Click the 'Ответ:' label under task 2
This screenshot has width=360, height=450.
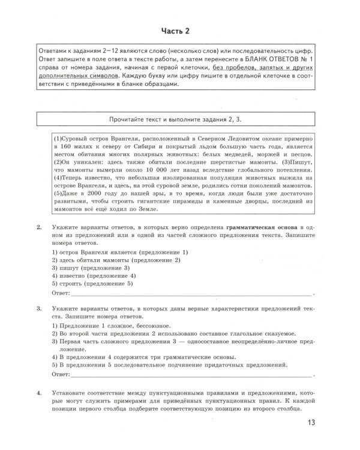coord(62,293)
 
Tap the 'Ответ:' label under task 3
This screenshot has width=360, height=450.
coord(62,374)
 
